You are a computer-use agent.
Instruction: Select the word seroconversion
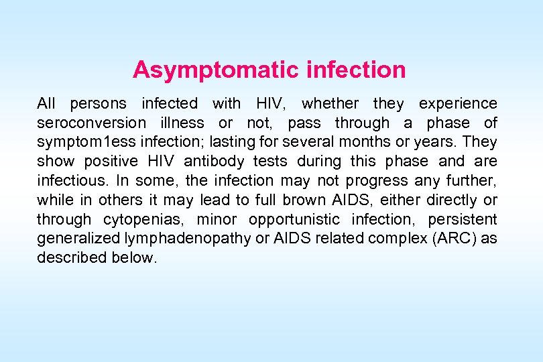[91, 123]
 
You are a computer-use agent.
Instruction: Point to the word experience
[458, 104]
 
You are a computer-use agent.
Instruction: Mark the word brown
[309, 200]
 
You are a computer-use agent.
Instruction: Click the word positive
[111, 162]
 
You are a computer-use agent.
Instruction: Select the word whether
[330, 104]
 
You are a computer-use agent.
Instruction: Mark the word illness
[182, 123]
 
